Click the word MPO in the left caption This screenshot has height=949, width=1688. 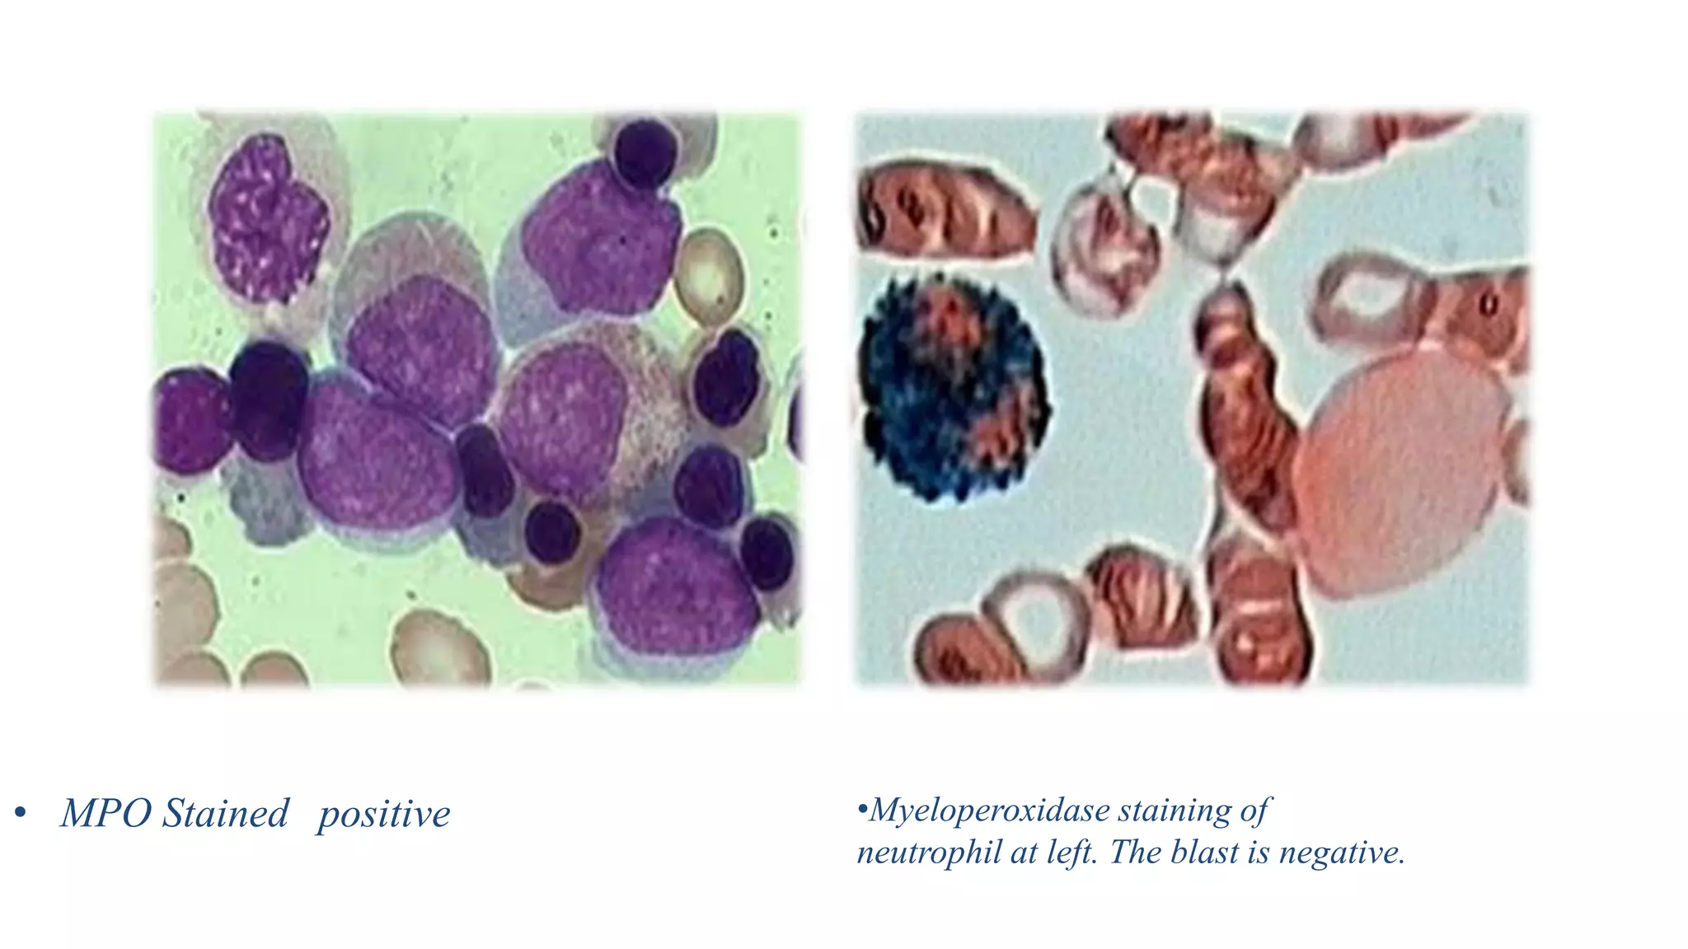(x=105, y=814)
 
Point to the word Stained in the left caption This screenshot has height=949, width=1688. (x=225, y=814)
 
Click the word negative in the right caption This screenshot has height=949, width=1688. (x=1341, y=853)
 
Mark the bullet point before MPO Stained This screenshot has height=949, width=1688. (x=21, y=815)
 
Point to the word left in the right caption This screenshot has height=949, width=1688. (x=1072, y=853)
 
